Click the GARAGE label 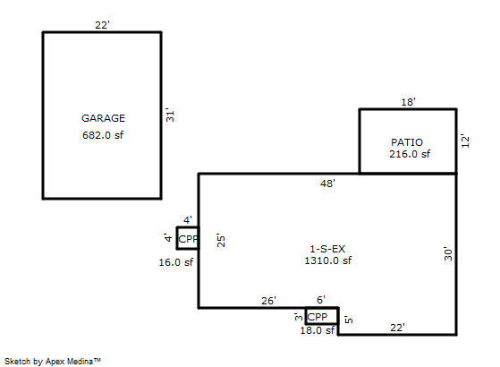tap(104, 118)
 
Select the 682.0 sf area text tap(103, 135)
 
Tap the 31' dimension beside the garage tap(170, 115)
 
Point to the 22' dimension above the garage tap(102, 25)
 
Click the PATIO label tap(407, 142)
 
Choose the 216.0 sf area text tap(410, 154)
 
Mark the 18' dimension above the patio tap(408, 102)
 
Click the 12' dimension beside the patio tap(465, 141)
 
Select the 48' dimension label tap(327, 183)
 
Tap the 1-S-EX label tap(327, 249)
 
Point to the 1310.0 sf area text tap(327, 260)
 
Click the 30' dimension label tap(448, 253)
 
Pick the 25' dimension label tap(221, 240)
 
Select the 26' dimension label tap(269, 301)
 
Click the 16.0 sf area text tap(176, 262)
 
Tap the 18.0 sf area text tap(318, 330)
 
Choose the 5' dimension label tap(349, 320)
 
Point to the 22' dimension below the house tap(398, 328)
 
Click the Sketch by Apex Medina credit tap(53, 362)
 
